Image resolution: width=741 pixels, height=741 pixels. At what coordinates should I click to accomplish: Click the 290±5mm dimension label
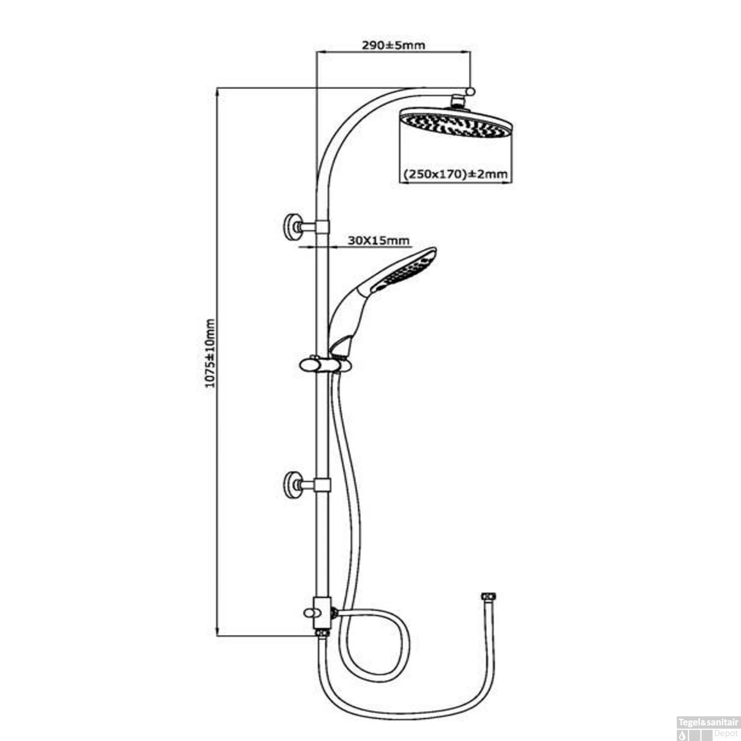tap(393, 45)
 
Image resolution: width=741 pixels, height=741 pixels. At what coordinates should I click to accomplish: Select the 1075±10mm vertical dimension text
tap(210, 353)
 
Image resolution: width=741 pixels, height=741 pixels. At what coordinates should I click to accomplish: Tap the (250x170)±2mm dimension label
tap(455, 174)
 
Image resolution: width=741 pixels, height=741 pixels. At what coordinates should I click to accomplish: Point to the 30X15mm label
tap(378, 241)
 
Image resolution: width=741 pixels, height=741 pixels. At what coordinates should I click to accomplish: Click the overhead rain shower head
tap(455, 123)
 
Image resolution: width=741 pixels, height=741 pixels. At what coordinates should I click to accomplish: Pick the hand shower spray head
tap(405, 269)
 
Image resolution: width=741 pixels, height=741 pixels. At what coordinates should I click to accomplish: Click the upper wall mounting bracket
tap(293, 227)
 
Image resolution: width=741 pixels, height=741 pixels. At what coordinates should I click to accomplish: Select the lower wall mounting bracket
tap(293, 485)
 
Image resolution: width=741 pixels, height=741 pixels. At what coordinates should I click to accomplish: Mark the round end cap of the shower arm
tap(471, 91)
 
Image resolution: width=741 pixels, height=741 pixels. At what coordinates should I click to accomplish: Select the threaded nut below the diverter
tap(322, 633)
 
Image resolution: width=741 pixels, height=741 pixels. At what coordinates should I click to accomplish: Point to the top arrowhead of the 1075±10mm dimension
tap(217, 92)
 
